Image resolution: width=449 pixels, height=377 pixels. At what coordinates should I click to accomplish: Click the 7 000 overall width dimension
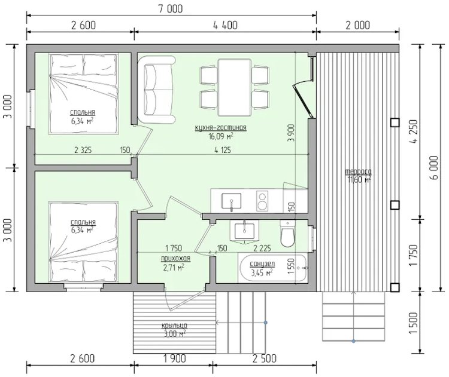pos(171,8)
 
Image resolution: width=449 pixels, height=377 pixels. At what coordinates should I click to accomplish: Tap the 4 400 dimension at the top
pos(225,25)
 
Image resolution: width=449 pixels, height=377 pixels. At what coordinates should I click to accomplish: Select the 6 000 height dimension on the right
pos(434,167)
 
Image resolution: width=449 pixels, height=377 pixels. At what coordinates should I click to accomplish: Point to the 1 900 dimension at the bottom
pos(174,358)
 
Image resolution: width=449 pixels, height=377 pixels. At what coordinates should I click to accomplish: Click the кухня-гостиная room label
pos(220,127)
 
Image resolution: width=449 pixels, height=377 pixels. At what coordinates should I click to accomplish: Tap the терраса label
pos(358,171)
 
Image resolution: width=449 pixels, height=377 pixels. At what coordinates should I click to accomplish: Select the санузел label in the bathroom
pos(262,263)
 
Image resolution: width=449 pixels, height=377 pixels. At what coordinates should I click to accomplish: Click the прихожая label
pos(175,258)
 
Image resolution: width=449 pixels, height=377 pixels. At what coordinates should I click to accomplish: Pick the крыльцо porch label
pos(174,325)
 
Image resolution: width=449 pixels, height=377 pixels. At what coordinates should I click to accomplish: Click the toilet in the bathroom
pos(287,234)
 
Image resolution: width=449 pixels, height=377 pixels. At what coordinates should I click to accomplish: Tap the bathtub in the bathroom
pos(273,268)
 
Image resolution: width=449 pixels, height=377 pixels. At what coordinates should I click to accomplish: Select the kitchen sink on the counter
pos(231,201)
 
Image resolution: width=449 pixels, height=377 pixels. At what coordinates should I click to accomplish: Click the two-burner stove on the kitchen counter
pos(262,201)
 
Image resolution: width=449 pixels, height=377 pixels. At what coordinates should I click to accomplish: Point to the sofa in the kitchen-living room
pos(156,90)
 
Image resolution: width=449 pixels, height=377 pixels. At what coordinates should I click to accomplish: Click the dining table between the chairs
pos(235,87)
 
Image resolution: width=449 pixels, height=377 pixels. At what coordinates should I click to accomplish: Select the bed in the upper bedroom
pos(84,94)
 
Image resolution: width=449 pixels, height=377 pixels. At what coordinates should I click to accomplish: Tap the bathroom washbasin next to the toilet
pos(244,231)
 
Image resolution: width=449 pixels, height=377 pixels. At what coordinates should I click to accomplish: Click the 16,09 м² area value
pos(221,136)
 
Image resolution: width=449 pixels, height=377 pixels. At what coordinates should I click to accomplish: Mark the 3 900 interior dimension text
pos(291,133)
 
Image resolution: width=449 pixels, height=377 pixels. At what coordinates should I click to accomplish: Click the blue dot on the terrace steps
pos(354,341)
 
